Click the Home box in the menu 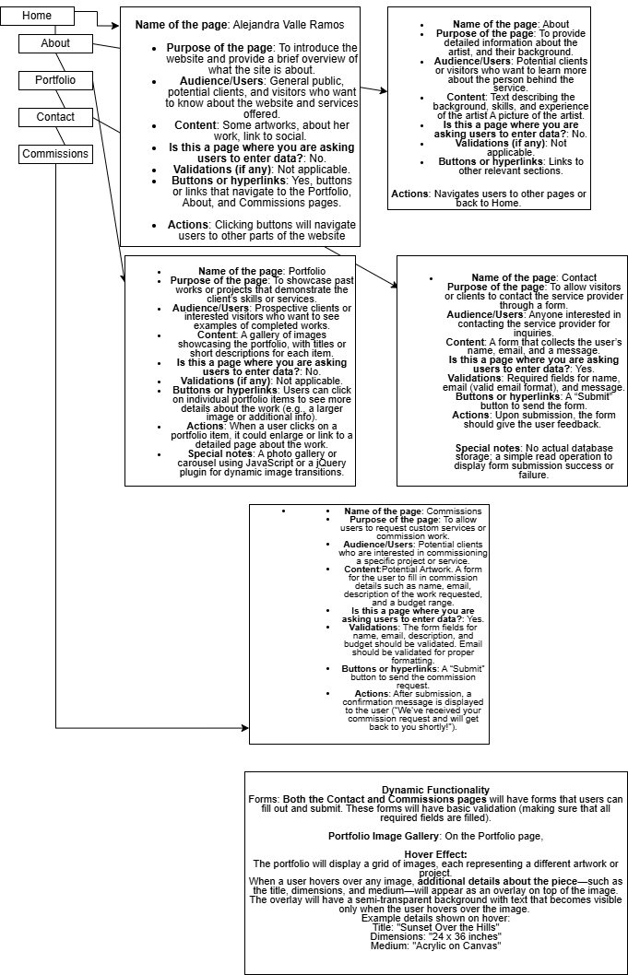click(x=37, y=16)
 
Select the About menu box click(x=55, y=43)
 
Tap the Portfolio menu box click(x=55, y=80)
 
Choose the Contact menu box click(x=55, y=117)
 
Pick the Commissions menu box click(x=55, y=154)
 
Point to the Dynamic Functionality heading click(x=435, y=790)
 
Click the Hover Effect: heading click(x=435, y=854)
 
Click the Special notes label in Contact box click(x=492, y=448)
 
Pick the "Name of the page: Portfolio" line click(x=242, y=271)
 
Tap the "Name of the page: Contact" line click(x=520, y=277)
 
